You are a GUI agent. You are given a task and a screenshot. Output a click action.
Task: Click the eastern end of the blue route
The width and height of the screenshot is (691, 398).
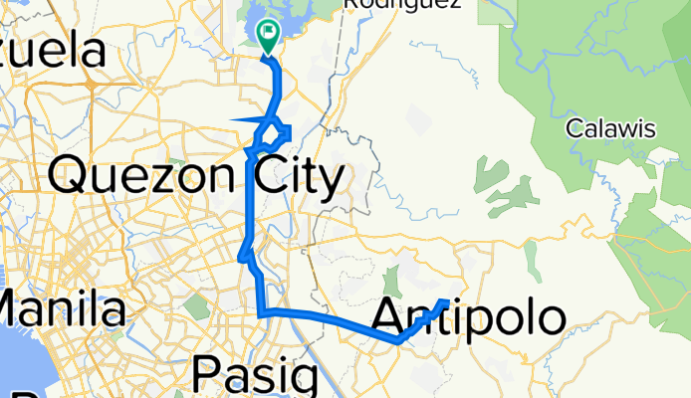click(445, 300)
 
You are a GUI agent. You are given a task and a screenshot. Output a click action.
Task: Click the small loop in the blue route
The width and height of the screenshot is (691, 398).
click(281, 131)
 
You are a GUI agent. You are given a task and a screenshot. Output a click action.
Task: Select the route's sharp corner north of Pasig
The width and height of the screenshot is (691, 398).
click(262, 314)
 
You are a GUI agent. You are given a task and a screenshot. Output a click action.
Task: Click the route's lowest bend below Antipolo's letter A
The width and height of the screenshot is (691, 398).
click(398, 340)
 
